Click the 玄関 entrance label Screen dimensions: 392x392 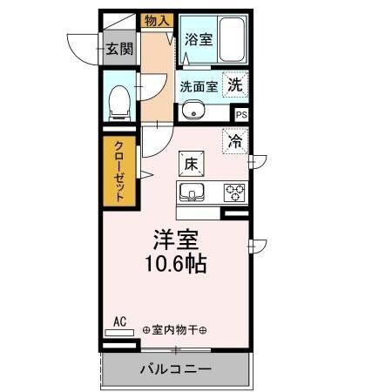pos(120,50)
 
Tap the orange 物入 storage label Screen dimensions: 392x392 pos(157,20)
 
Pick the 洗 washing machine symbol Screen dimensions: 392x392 pos(235,84)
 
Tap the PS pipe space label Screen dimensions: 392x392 pos(241,114)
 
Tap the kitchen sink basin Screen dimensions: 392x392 pos(193,192)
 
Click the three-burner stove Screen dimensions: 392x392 pos(234,192)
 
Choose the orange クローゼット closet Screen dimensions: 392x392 pos(119,172)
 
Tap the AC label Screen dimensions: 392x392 pos(120,322)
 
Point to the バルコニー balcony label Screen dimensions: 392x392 pos(175,369)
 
